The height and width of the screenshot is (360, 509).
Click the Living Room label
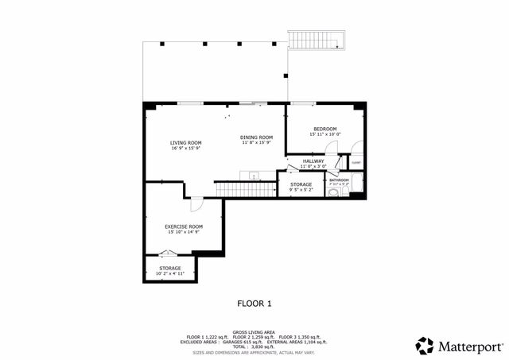185,143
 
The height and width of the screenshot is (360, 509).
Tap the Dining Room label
257,137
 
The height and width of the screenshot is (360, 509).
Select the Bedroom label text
324,130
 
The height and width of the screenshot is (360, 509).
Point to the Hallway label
313,161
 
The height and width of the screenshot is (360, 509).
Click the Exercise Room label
184,226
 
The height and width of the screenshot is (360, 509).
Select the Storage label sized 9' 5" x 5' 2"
301,184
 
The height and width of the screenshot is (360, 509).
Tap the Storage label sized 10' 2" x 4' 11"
170,269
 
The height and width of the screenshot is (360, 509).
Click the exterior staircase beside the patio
318,39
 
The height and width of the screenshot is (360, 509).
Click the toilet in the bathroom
332,191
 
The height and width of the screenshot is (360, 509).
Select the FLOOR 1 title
254,303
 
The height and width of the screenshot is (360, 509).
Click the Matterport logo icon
425,346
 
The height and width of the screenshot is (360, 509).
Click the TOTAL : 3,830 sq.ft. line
254,346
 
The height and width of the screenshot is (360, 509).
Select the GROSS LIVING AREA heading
254,332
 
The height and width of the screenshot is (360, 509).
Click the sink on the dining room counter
254,175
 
